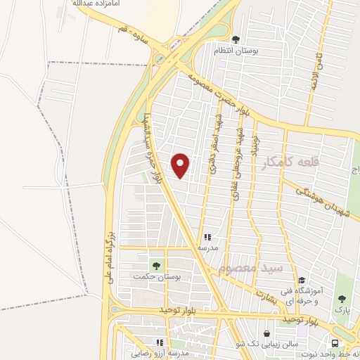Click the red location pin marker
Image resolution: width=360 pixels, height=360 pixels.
(x=181, y=165)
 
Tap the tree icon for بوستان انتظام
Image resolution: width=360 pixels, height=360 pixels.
(x=236, y=39)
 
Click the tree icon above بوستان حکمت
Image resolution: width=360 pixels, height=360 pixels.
(x=156, y=266)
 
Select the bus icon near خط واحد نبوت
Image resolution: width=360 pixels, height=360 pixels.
(x=335, y=342)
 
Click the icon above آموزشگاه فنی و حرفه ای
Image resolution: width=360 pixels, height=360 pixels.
(x=302, y=279)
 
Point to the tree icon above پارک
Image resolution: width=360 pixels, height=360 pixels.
(x=342, y=299)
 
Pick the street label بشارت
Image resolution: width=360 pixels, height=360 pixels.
(x=266, y=298)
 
